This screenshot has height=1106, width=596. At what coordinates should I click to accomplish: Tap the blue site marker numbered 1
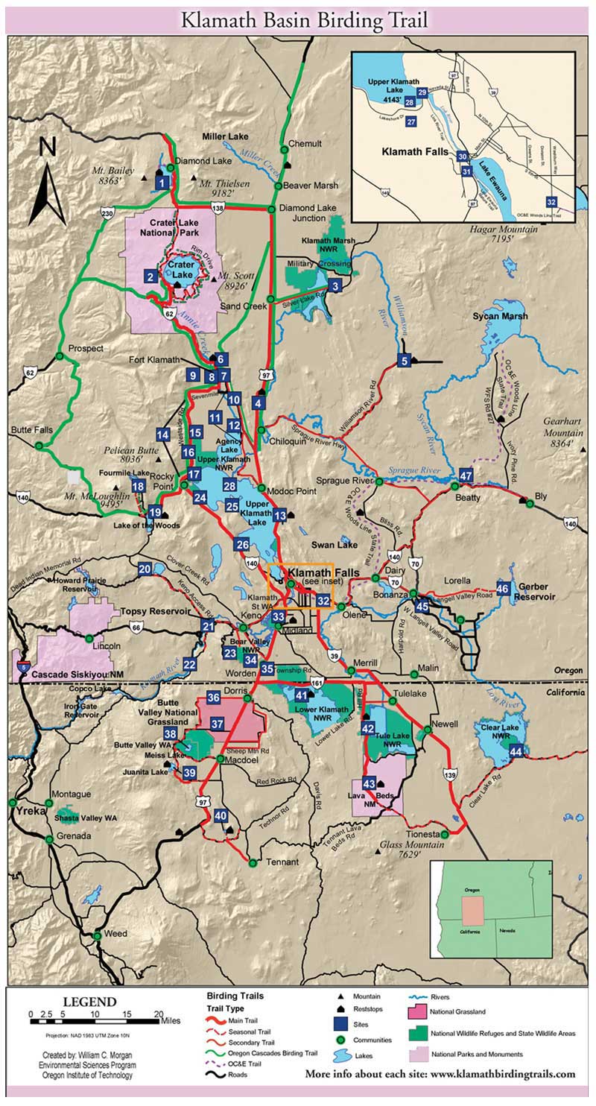click(x=162, y=181)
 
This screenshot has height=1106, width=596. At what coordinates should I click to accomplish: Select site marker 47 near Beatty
click(x=466, y=475)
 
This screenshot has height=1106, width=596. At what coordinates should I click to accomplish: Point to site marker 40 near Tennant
click(x=221, y=816)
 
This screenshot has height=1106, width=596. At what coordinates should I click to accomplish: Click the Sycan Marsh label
click(x=500, y=316)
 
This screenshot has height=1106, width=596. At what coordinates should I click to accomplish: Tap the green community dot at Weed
click(x=96, y=935)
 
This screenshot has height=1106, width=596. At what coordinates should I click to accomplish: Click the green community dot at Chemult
click(x=282, y=144)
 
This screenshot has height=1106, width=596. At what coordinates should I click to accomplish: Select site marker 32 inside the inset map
click(x=551, y=202)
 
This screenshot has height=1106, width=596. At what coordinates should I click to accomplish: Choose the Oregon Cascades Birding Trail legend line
click(x=217, y=1052)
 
